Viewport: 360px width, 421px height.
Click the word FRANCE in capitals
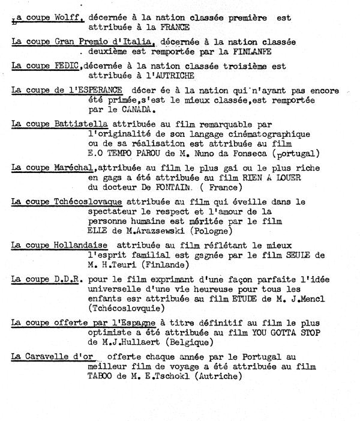176,28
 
